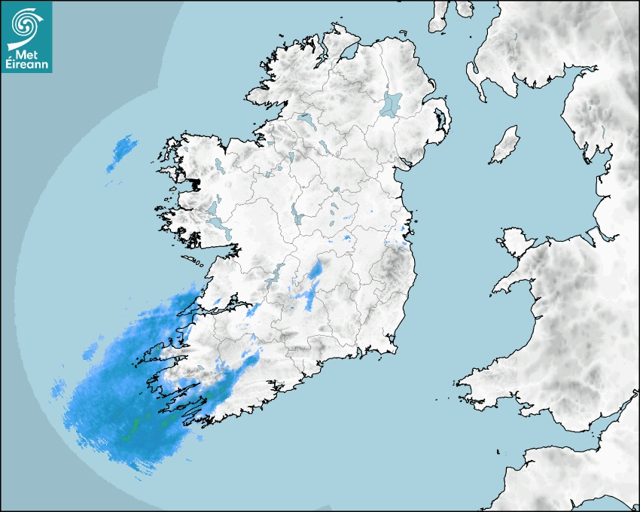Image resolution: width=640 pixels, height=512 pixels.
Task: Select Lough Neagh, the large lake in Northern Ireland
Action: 392,103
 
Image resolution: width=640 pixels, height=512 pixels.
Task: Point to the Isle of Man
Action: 505,145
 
